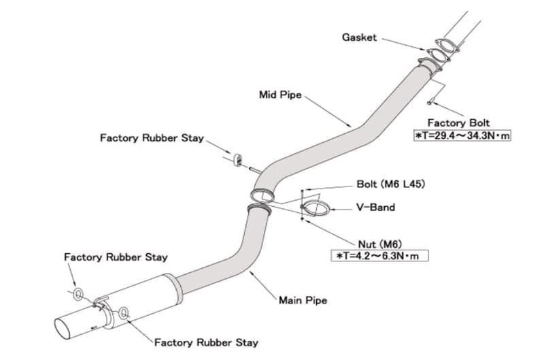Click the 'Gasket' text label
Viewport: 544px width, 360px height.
click(x=358, y=37)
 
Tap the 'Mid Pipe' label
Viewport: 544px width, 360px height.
click(x=279, y=95)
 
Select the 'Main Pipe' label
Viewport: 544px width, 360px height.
click(x=303, y=300)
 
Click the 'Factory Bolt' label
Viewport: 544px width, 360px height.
click(x=458, y=123)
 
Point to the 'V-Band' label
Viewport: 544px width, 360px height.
click(x=375, y=207)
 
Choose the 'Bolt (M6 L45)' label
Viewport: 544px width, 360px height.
click(x=391, y=184)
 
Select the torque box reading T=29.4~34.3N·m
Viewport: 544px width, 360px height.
click(x=462, y=136)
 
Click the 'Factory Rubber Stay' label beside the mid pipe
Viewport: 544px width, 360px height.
click(x=152, y=138)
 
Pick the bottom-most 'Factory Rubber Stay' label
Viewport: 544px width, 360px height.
click(x=206, y=342)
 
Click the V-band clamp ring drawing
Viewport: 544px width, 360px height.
click(x=316, y=208)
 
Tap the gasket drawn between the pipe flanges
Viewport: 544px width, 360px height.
click(x=442, y=53)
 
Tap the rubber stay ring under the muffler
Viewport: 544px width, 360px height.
click(x=124, y=313)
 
